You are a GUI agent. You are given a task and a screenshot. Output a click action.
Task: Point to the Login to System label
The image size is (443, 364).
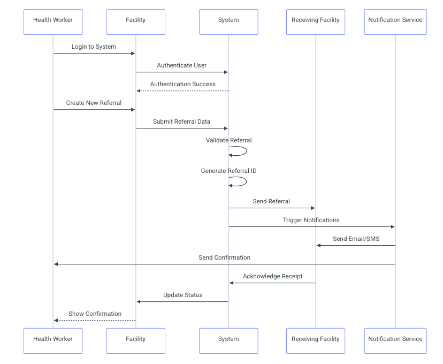tap(94, 47)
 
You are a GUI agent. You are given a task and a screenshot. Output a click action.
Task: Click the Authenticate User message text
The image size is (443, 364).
tap(181, 65)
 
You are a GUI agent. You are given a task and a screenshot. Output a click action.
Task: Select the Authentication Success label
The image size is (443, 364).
tap(182, 84)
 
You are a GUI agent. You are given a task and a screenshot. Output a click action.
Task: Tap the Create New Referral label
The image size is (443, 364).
tap(94, 103)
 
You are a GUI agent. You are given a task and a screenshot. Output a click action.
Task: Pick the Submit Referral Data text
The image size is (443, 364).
tap(181, 122)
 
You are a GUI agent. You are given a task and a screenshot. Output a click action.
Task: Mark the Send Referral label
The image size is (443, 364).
tap(271, 201)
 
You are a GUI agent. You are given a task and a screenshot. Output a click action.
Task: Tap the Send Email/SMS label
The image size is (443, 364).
tap(356, 239)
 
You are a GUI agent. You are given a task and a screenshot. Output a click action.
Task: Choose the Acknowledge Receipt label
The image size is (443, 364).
tap(272, 276)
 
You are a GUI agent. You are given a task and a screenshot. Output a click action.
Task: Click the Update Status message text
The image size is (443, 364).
tap(182, 295)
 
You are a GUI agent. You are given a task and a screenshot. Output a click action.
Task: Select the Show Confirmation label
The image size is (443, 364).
tap(95, 314)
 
